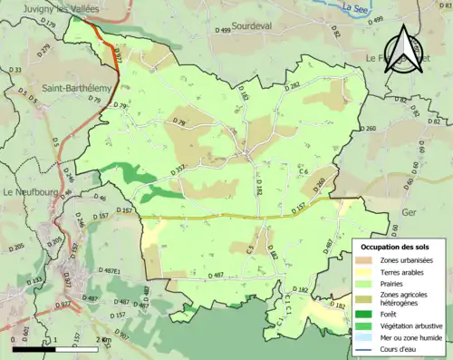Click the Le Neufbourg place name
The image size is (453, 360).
pyautogui.click(x=33, y=192)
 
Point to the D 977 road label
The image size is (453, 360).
pyautogui.click(x=116, y=54)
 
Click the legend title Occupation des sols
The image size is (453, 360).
pyautogui.click(x=398, y=247)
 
